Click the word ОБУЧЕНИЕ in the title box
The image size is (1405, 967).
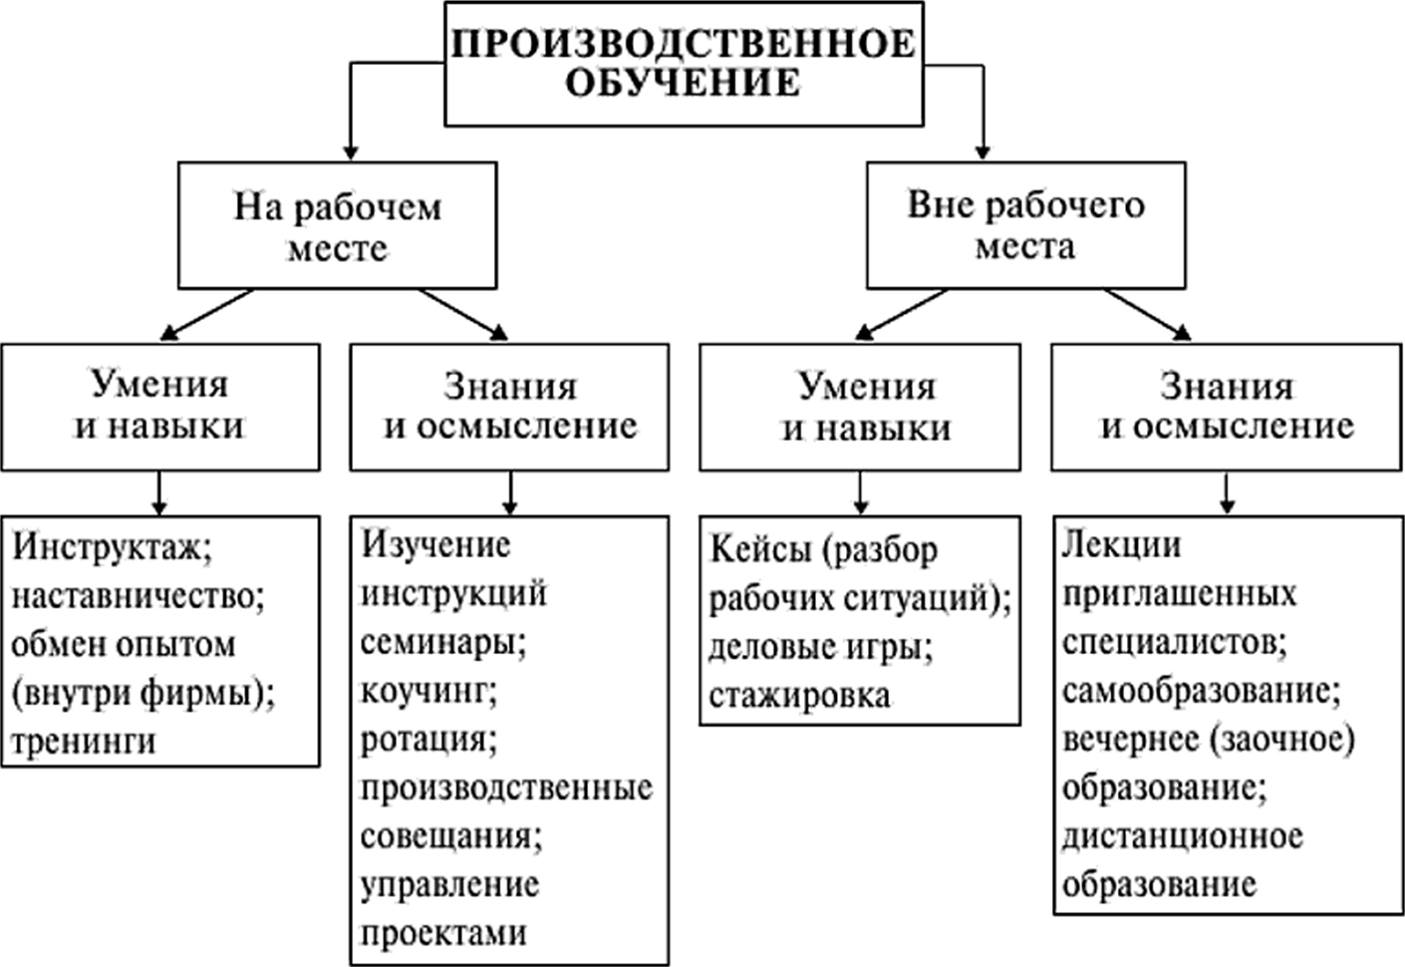pyautogui.click(x=682, y=82)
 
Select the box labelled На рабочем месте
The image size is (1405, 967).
pyautogui.click(x=337, y=226)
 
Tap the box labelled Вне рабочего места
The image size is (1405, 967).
pyautogui.click(x=1025, y=225)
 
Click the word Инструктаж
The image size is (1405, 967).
pyautogui.click(x=112, y=548)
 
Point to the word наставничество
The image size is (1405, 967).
pyautogui.click(x=137, y=596)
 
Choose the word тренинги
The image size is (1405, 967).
pyautogui.click(x=83, y=740)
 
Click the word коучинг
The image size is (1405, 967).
pyautogui.click(x=428, y=691)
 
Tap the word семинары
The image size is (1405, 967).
pyautogui.click(x=443, y=642)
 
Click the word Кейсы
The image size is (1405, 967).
pyautogui.click(x=760, y=550)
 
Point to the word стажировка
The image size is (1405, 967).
pyautogui.click(x=799, y=695)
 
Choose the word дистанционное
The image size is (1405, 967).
pyautogui.click(x=1182, y=836)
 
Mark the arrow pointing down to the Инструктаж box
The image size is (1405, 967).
pyautogui.click(x=160, y=494)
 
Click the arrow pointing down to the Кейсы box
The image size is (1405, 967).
pyautogui.click(x=860, y=494)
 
